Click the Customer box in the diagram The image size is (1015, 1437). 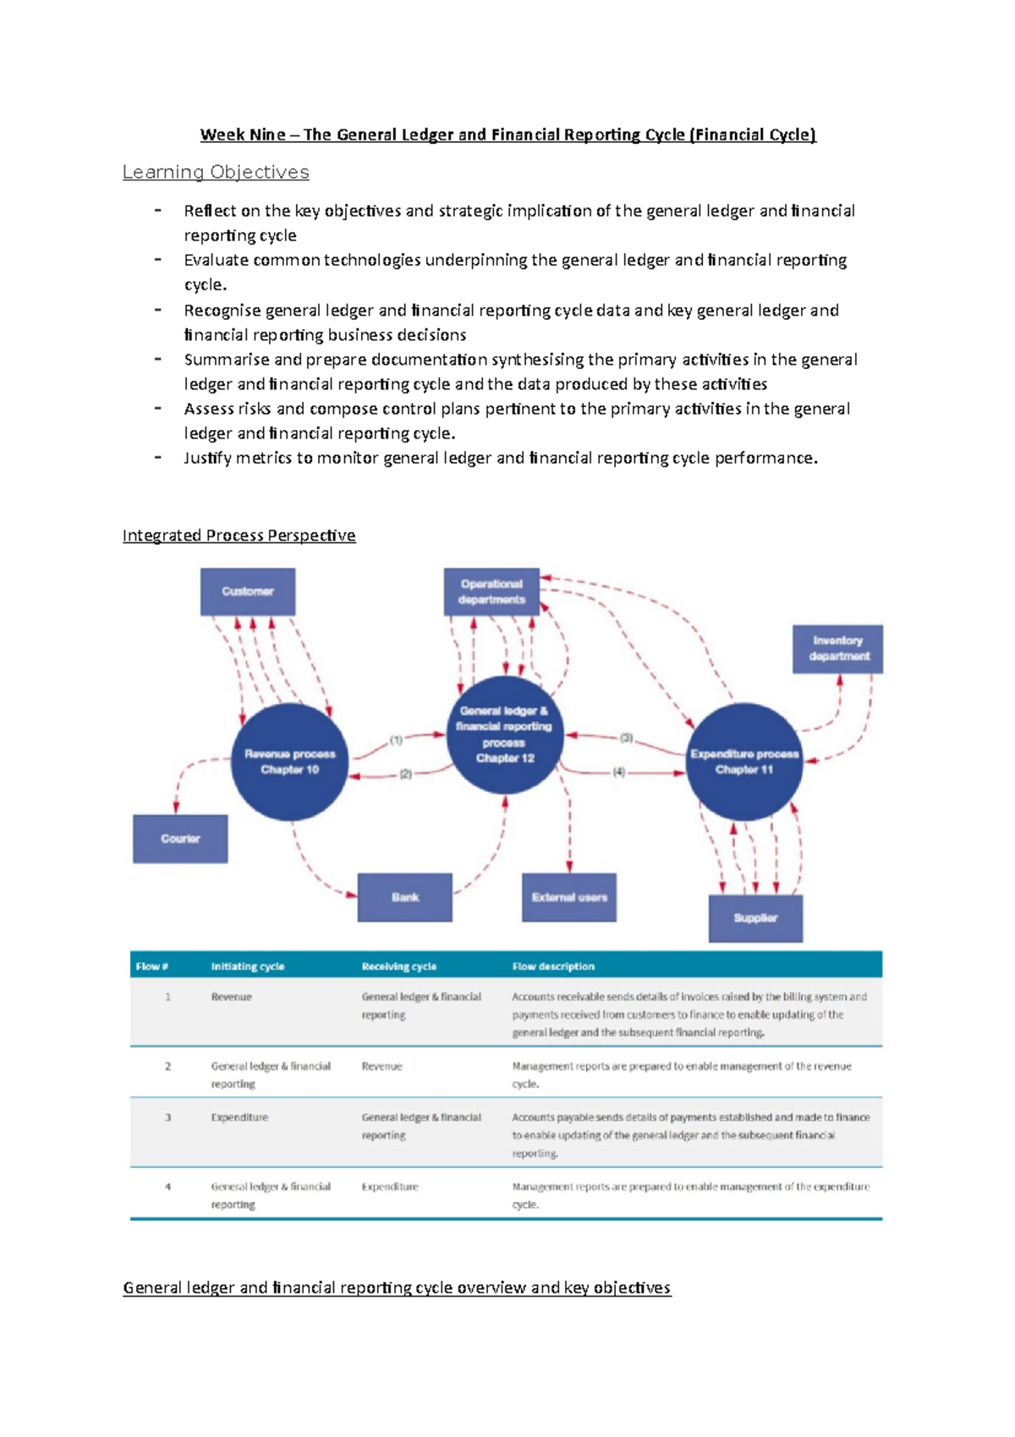248,592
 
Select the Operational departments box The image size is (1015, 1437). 491,592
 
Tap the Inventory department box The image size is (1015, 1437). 837,649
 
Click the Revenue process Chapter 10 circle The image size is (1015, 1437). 290,762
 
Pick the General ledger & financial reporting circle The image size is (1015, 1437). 504,735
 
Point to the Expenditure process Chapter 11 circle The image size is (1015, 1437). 744,762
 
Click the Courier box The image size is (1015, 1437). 180,839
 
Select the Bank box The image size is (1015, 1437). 405,897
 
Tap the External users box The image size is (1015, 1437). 569,897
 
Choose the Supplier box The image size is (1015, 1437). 755,918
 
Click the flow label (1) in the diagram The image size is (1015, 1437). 396,740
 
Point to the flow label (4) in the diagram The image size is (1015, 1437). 619,772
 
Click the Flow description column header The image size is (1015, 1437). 553,966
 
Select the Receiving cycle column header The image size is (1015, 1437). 399,966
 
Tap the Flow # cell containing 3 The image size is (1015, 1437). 167,1118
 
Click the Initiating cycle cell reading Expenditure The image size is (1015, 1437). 239,1118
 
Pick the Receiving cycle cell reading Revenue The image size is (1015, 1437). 382,1066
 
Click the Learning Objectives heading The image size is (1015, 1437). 216,173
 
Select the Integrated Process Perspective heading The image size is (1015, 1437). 239,536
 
